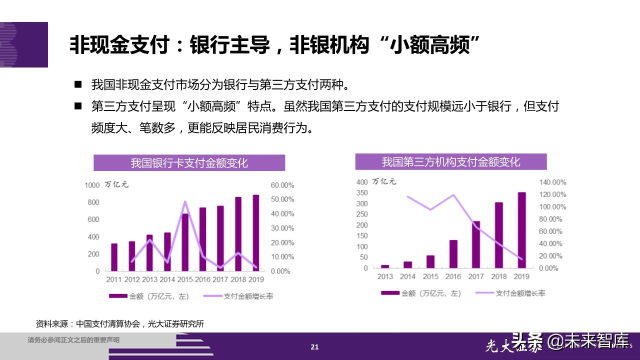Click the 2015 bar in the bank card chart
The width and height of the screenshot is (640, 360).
[185, 242]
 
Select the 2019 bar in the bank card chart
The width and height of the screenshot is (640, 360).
[256, 232]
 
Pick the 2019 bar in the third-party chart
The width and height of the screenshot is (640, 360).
[521, 230]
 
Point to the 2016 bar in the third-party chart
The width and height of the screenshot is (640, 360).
[453, 254]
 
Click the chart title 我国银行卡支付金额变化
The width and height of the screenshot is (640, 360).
[189, 163]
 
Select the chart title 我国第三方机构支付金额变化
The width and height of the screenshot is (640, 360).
[451, 162]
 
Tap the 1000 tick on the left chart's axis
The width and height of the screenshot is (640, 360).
[92, 185]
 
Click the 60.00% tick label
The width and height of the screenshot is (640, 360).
[282, 185]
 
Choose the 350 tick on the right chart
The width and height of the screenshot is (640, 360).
[361, 193]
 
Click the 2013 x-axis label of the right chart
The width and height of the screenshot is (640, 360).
[385, 276]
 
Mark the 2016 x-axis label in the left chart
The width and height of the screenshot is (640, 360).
[202, 279]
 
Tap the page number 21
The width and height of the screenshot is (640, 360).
[314, 347]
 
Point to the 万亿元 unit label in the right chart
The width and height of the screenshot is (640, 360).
[386, 181]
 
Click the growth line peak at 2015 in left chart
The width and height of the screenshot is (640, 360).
[185, 202]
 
